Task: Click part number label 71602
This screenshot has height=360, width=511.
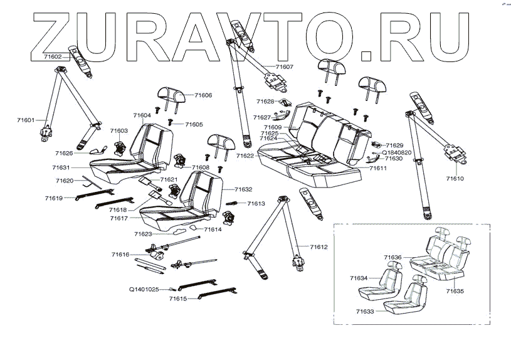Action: tap(52, 56)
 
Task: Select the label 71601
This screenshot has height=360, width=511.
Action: tap(26, 120)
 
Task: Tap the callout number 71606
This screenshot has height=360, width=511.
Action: tap(203, 95)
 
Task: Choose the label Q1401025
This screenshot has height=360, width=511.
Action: tap(145, 289)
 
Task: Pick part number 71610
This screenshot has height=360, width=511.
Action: tap(455, 179)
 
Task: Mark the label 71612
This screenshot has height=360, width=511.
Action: tap(319, 247)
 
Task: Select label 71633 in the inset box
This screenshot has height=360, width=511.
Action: tap(365, 310)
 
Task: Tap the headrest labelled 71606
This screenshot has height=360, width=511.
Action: tap(171, 96)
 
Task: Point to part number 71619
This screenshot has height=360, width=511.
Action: tap(54, 198)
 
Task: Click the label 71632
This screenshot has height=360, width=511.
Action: tap(243, 189)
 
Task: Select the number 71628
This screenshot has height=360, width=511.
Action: tap(265, 101)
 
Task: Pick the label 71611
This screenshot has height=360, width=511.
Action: tap(378, 169)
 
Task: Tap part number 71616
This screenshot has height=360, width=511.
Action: tap(120, 255)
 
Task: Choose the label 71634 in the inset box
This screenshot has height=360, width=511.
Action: tap(359, 277)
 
